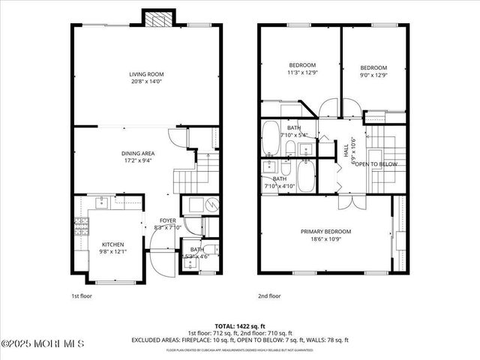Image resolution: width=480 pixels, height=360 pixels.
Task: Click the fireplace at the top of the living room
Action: click(156, 19)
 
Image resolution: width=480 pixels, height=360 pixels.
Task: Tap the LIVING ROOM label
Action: click(146, 74)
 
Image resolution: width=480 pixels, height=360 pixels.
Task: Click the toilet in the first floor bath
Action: click(211, 250)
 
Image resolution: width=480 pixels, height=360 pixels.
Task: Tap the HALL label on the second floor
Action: click(346, 151)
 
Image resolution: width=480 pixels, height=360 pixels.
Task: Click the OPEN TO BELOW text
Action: click(376, 163)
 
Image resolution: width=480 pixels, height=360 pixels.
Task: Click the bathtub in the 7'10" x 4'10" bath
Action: click(307, 177)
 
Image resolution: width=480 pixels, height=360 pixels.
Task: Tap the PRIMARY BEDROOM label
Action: click(325, 232)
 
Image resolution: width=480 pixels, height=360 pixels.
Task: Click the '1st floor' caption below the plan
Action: click(82, 296)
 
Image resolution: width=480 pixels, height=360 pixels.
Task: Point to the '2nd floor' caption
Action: click(268, 296)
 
